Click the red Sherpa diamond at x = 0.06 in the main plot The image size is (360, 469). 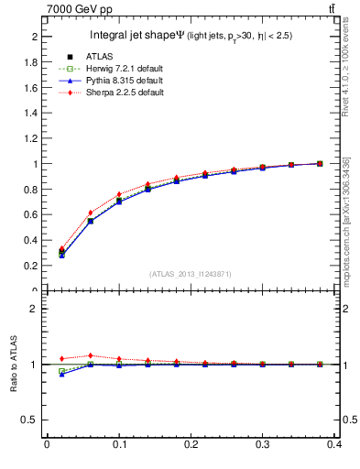pyautogui.click(x=91, y=213)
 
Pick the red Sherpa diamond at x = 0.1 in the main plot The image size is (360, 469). pyautogui.click(x=119, y=194)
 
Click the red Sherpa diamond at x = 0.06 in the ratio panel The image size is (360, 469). pyautogui.click(x=91, y=355)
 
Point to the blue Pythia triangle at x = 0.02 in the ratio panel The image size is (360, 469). pyautogui.click(x=61, y=375)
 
